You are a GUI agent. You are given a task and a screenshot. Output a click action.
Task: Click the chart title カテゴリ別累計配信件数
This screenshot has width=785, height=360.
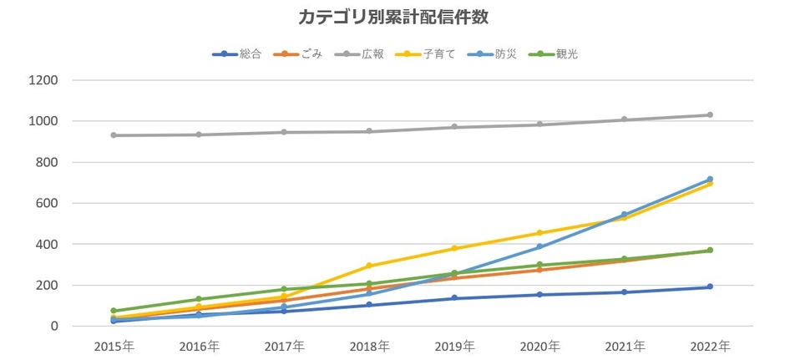click(392, 18)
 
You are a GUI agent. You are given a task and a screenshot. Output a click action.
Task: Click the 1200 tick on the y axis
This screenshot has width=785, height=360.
click(43, 81)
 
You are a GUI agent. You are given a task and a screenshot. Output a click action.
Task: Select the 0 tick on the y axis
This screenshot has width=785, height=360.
click(53, 327)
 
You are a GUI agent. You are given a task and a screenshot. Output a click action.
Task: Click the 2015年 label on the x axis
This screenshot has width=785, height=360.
click(114, 346)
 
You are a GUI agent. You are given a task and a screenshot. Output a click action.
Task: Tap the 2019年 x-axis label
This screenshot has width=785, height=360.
click(454, 346)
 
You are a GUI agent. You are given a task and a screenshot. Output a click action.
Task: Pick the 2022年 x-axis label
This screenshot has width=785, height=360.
click(710, 346)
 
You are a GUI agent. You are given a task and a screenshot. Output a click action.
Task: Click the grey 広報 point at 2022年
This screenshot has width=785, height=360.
click(710, 115)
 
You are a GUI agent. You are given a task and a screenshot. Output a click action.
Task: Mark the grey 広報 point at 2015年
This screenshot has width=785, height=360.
click(114, 135)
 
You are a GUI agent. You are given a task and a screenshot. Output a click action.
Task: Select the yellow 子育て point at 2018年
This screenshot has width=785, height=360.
click(369, 266)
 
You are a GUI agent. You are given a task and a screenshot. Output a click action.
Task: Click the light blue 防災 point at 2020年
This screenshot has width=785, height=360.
click(539, 247)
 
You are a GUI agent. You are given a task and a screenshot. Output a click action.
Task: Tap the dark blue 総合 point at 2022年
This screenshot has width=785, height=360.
click(710, 287)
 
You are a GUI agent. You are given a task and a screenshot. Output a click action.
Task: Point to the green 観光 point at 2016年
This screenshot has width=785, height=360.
click(199, 299)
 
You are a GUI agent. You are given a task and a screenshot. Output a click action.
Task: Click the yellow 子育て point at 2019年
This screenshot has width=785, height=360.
click(454, 249)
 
